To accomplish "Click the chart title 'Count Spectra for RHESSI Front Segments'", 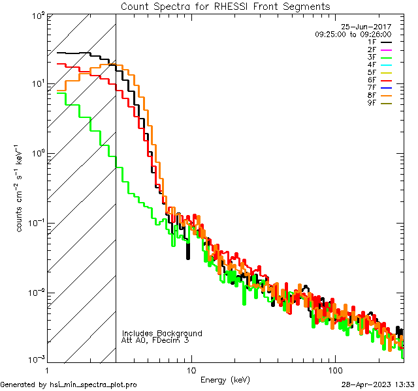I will (x=226, y=7).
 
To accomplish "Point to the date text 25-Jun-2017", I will (x=366, y=27).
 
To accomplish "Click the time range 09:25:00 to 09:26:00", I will (x=353, y=34).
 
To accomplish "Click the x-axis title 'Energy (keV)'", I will (x=225, y=379).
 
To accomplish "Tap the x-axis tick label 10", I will (x=191, y=369).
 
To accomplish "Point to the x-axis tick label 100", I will (x=334, y=369).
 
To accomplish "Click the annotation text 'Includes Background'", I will (x=162, y=333).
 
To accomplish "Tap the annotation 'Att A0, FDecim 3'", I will (x=155, y=340).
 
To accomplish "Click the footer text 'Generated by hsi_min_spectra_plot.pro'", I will (x=69, y=384).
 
